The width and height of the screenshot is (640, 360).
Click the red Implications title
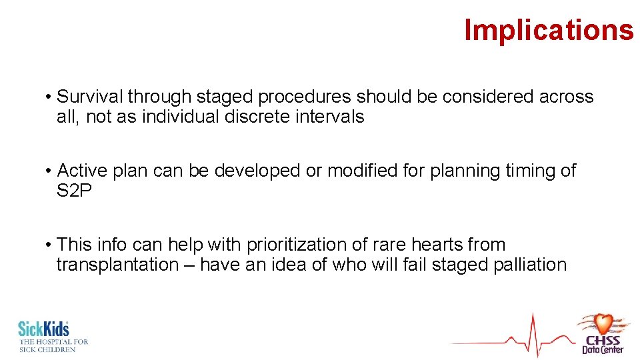tap(549, 30)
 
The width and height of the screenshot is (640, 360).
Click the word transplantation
tap(117, 265)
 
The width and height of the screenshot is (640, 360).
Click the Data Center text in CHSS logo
tap(603, 349)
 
